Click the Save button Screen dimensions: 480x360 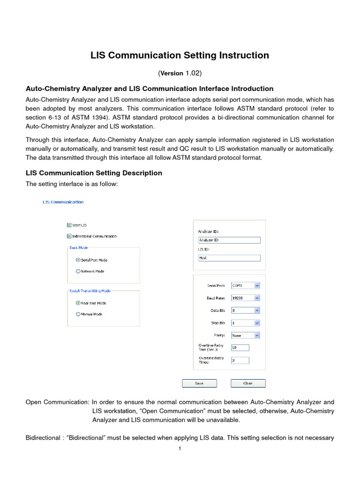[x=199, y=383]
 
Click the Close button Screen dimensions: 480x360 [x=248, y=383]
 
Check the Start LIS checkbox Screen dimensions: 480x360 [x=70, y=225]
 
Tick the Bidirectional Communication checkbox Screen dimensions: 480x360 [x=70, y=236]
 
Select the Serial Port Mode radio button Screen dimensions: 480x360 [x=78, y=260]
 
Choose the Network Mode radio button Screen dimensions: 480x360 [x=78, y=271]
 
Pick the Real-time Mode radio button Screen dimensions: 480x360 [x=78, y=303]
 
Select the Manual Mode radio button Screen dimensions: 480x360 [x=78, y=314]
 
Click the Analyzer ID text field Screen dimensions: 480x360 [x=229, y=240]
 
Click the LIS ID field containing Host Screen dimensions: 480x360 [x=229, y=258]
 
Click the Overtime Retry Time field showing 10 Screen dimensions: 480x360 [x=240, y=348]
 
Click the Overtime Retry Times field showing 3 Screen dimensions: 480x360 [x=240, y=360]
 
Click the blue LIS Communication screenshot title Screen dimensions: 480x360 [x=63, y=202]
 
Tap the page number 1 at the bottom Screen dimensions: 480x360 [x=180, y=449]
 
